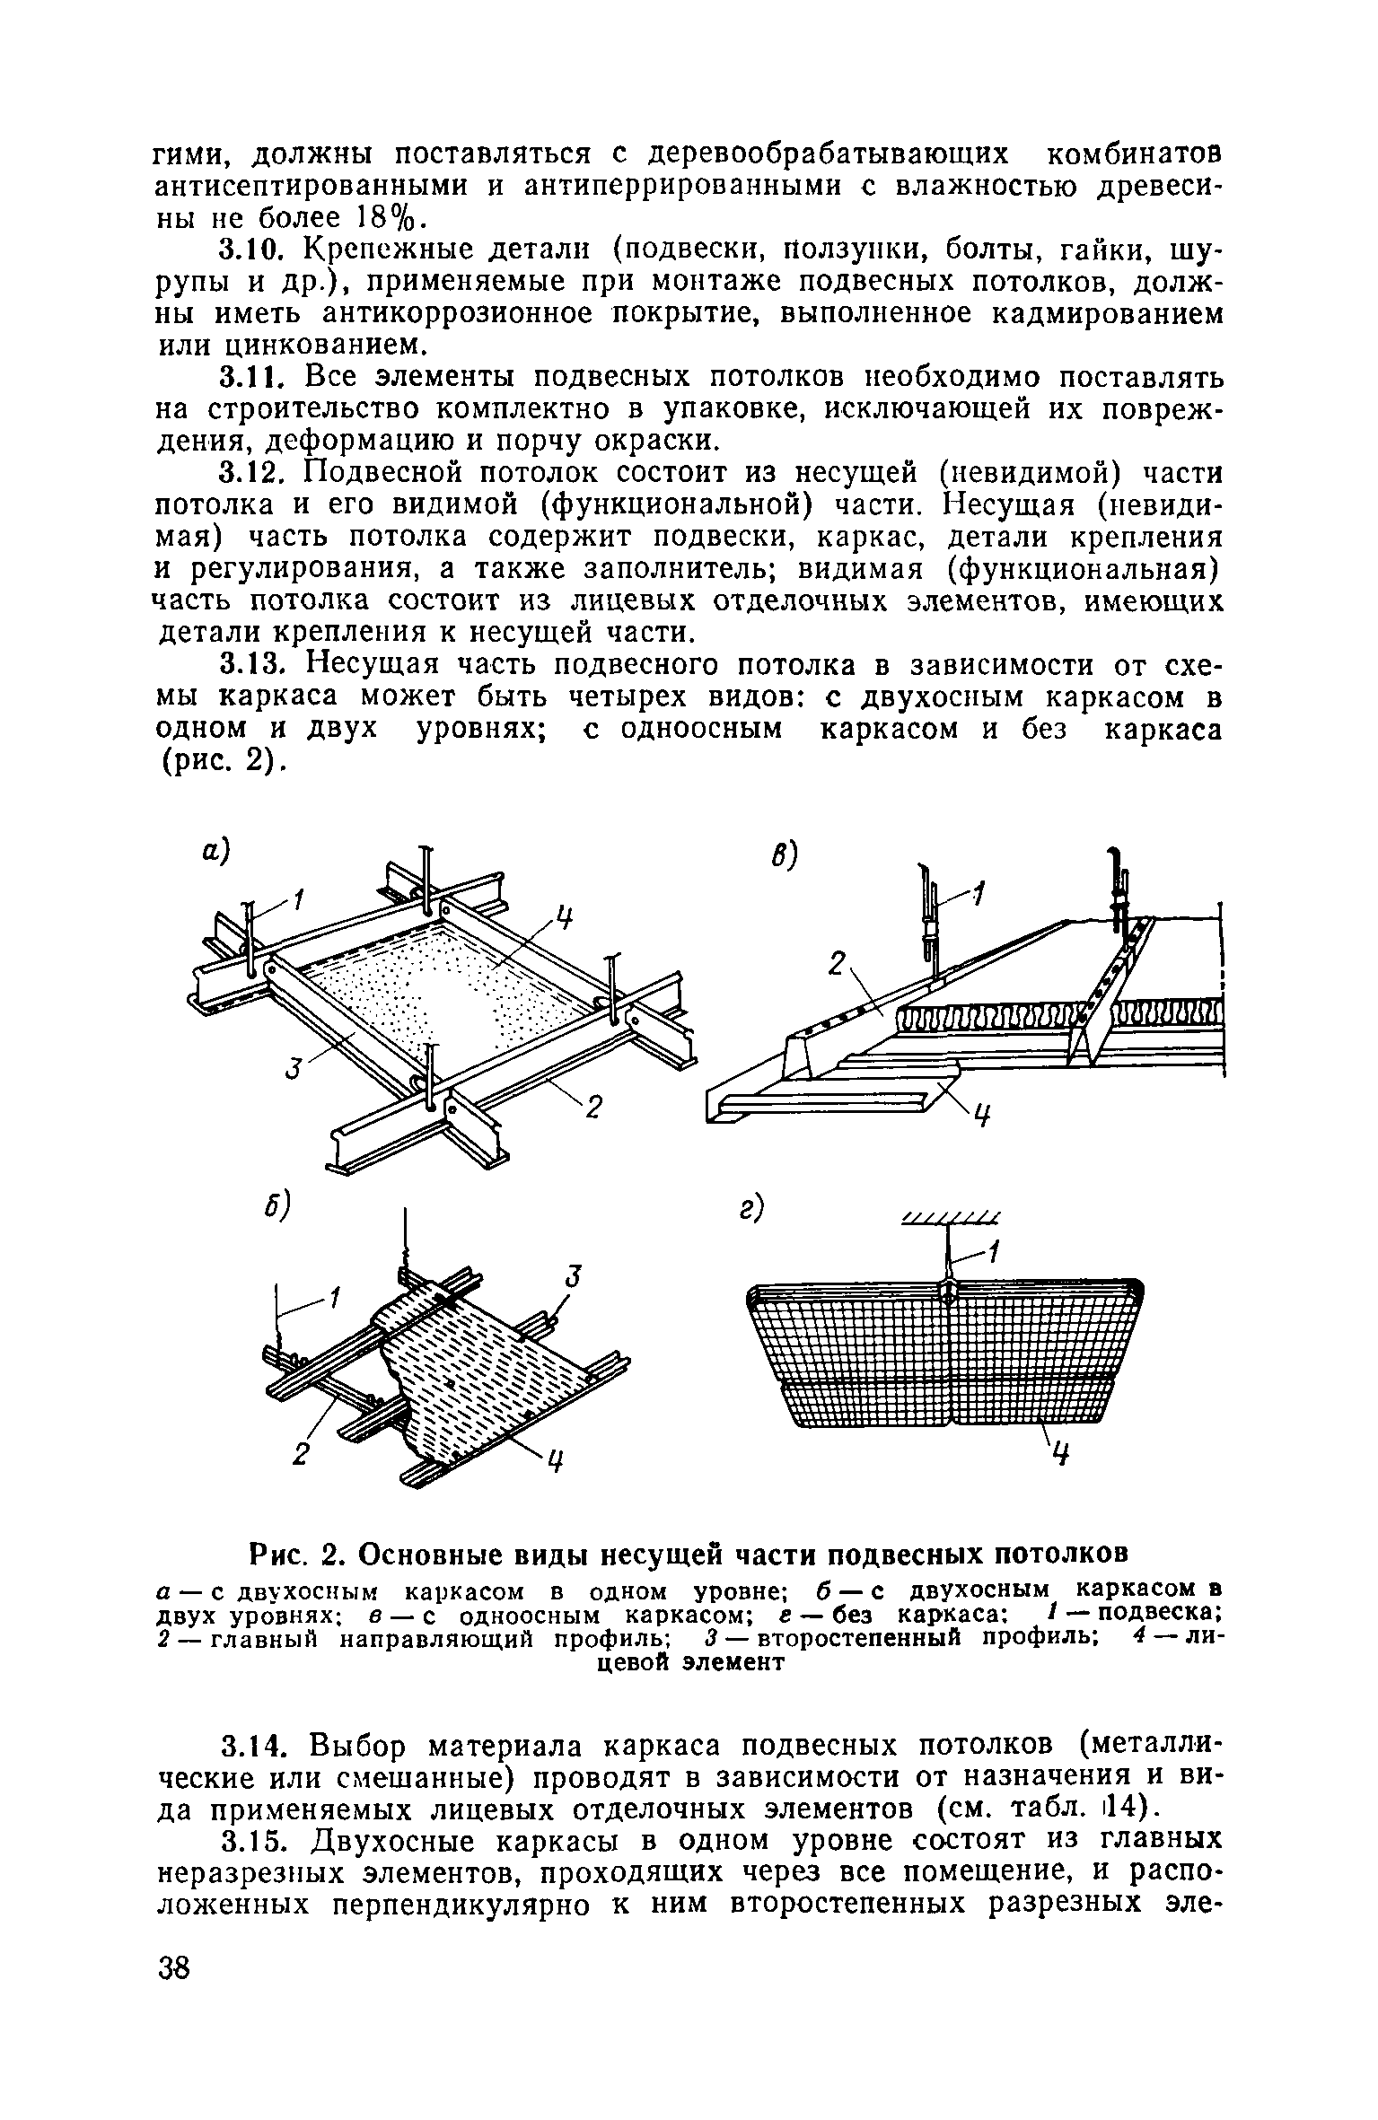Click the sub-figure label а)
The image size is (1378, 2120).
click(x=216, y=852)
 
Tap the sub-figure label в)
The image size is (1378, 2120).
click(x=784, y=859)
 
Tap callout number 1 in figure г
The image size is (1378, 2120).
click(x=994, y=1250)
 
